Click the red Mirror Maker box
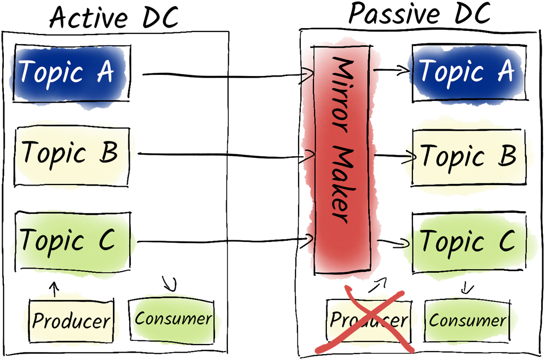[342, 160]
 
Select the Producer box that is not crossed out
[71, 321]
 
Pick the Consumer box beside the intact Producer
[174, 319]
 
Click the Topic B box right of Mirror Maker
[468, 156]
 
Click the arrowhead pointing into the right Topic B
[411, 157]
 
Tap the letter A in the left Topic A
[105, 72]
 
